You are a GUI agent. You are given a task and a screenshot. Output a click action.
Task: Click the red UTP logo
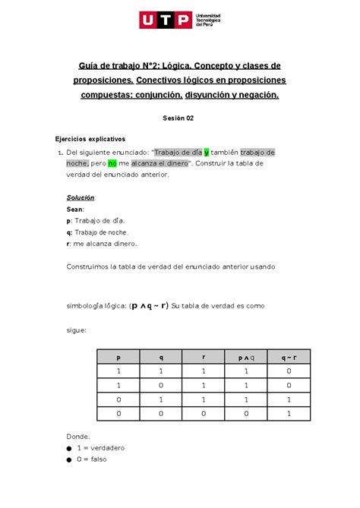point(165,19)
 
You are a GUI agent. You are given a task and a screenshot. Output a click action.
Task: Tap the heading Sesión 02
point(179,118)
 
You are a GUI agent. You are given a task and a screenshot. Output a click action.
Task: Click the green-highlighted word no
point(112,162)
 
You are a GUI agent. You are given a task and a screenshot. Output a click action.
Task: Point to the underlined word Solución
point(81,197)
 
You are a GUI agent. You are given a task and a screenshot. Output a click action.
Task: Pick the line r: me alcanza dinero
point(103,244)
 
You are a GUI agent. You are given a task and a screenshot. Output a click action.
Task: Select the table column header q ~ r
point(289,356)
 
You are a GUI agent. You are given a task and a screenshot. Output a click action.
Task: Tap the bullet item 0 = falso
point(94,459)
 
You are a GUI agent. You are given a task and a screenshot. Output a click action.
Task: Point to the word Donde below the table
point(78,437)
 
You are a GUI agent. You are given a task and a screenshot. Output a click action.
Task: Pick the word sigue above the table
point(77,330)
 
